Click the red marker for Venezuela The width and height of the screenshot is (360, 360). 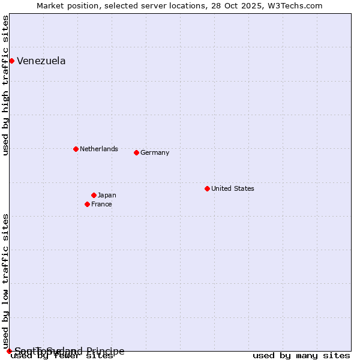tap(11, 61)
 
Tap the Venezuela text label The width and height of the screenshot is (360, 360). tap(41, 61)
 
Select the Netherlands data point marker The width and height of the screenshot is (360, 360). tap(76, 149)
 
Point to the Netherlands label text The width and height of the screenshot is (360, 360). tap(99, 149)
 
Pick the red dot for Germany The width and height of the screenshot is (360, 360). tap(136, 152)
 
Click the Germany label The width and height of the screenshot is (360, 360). tap(155, 152)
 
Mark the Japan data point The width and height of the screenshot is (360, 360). tap(94, 195)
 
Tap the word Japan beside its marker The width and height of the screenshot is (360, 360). tap(107, 195)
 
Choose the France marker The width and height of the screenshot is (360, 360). tap(87, 204)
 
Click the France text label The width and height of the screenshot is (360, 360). tap(101, 204)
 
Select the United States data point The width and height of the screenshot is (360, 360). tap(207, 188)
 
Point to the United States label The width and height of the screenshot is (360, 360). tap(233, 188)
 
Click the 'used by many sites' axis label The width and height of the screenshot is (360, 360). tap(301, 355)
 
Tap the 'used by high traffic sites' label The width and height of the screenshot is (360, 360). tap(5, 85)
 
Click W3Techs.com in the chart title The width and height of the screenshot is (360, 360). tap(294, 5)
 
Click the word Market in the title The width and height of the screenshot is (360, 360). tap(51, 5)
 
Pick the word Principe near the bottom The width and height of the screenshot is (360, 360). tap(105, 351)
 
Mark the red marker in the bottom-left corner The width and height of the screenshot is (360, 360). tap(9, 351)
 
